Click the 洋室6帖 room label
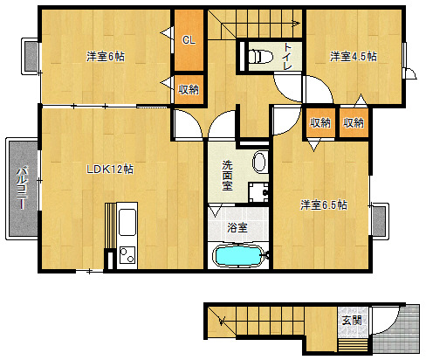106,56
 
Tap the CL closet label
189,40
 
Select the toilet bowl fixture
260,56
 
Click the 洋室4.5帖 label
354,56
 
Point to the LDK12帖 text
110,169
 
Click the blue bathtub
238,255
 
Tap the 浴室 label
237,227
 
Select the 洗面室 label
227,175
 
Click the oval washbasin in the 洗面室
259,162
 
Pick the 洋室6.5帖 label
324,205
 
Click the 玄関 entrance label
352,321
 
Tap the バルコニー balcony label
22,188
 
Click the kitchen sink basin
127,222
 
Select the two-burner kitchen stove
127,254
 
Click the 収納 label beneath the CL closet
189,89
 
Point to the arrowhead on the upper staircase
297,24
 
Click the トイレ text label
287,56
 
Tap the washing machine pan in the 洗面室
258,192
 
